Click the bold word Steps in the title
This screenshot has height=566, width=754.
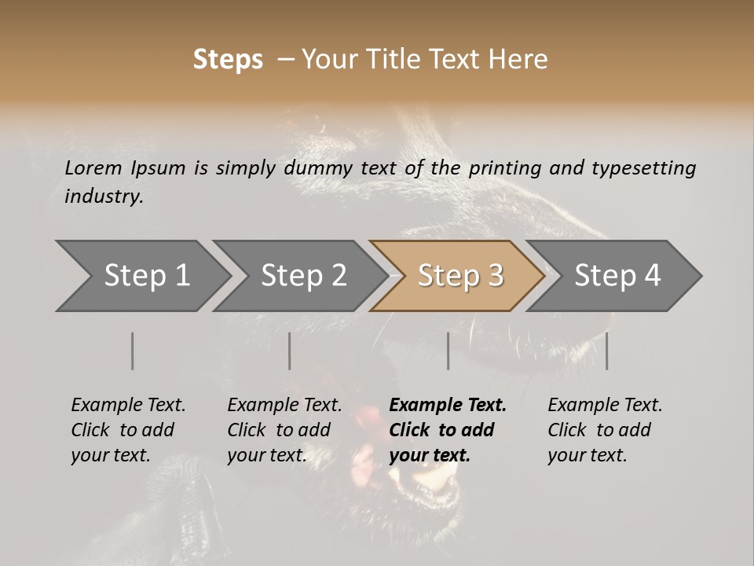(x=228, y=60)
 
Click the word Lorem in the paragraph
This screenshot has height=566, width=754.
(x=93, y=167)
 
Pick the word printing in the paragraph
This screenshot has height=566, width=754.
(x=506, y=167)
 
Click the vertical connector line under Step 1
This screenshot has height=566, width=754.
(x=132, y=351)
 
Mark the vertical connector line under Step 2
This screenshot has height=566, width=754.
(x=290, y=351)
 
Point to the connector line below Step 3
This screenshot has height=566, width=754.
(x=448, y=351)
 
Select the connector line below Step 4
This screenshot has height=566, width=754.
(x=606, y=351)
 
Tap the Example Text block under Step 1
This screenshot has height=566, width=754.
(x=128, y=430)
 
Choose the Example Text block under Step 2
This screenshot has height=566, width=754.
(x=284, y=430)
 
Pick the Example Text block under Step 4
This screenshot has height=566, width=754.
(x=605, y=430)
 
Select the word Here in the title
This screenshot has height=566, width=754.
(x=521, y=60)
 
